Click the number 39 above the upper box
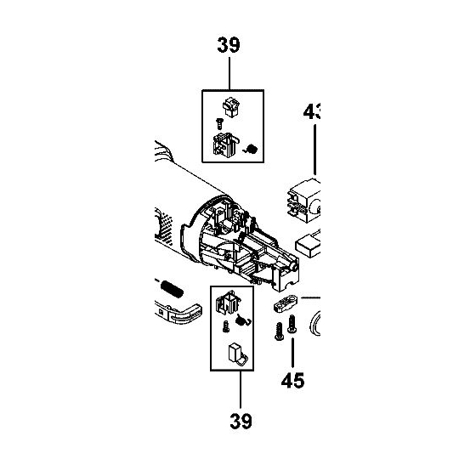pyautogui.click(x=229, y=46)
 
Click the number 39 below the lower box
pyautogui.click(x=239, y=421)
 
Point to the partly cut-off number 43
pyautogui.click(x=310, y=111)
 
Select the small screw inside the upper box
pyautogui.click(x=220, y=123)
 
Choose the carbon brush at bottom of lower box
pyautogui.click(x=236, y=354)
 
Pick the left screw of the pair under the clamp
pyautogui.click(x=278, y=332)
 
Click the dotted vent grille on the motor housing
pyautogui.click(x=165, y=225)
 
